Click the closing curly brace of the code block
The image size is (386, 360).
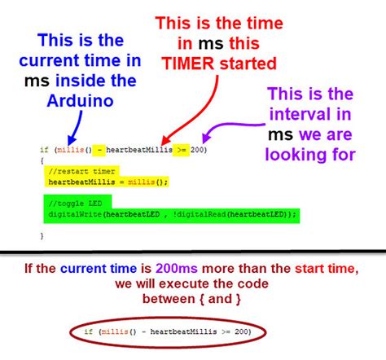pyautogui.click(x=42, y=235)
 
